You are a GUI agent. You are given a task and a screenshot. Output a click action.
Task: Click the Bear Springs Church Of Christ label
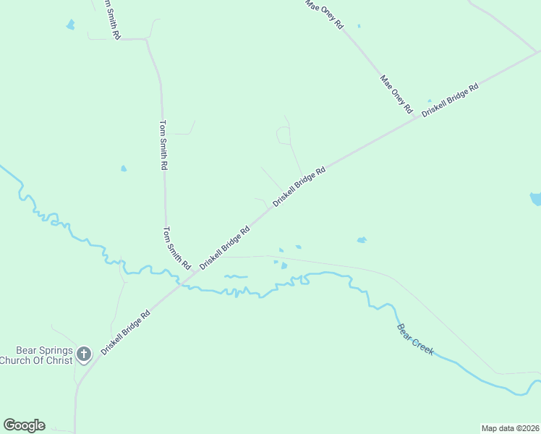click(x=36, y=354)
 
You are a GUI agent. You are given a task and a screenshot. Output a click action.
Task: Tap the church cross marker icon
click(x=84, y=354)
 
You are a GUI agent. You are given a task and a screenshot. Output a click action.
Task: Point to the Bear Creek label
click(x=415, y=339)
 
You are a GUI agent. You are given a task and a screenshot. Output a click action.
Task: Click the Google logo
click(x=24, y=425)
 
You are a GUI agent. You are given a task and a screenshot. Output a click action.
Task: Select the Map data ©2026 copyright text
click(x=510, y=427)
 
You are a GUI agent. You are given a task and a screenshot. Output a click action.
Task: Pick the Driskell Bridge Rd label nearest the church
click(x=126, y=331)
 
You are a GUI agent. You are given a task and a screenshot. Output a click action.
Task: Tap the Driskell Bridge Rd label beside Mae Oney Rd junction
click(x=450, y=100)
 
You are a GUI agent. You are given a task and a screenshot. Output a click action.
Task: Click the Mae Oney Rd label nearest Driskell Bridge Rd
click(x=396, y=94)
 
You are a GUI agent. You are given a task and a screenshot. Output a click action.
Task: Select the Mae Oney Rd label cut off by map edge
click(x=323, y=14)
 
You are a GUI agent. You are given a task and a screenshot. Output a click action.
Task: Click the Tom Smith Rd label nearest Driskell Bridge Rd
click(x=176, y=246)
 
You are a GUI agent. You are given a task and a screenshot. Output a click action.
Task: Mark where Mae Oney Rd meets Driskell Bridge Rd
click(x=417, y=118)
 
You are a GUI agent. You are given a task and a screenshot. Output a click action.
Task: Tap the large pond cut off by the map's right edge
click(x=536, y=198)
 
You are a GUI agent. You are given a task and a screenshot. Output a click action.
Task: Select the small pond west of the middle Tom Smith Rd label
click(x=124, y=169)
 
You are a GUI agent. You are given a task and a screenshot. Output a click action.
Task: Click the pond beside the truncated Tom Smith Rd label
click(x=70, y=25)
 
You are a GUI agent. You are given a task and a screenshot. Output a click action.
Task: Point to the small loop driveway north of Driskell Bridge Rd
click(x=284, y=135)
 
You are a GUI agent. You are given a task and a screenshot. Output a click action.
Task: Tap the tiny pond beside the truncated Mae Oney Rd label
click(x=359, y=26)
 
